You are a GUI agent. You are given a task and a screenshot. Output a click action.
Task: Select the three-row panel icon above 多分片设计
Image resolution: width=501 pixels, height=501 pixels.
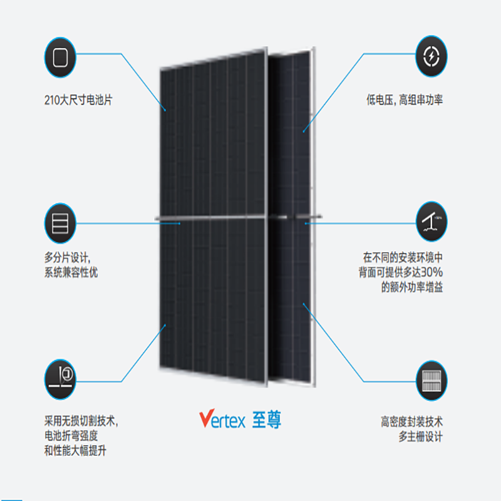[60, 223]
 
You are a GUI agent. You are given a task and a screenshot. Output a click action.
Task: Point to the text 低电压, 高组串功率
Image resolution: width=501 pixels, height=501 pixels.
[405, 100]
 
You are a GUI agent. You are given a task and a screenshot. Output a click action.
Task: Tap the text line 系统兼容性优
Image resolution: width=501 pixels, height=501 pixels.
[71, 272]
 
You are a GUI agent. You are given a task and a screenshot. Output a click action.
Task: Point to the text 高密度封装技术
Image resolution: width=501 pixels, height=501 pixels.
[411, 421]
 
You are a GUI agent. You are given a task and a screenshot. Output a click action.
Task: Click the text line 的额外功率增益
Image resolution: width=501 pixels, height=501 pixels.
[411, 288]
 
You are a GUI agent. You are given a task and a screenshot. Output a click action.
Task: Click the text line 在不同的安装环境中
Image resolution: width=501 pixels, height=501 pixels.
[403, 257]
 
